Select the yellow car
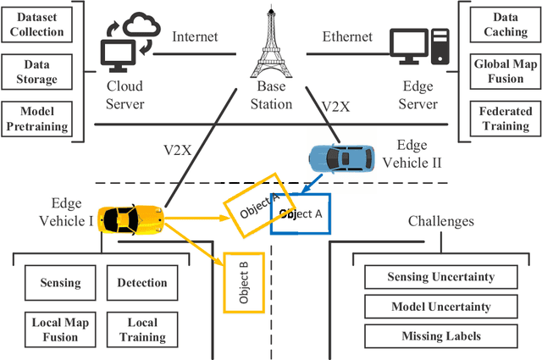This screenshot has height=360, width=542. click(x=130, y=219)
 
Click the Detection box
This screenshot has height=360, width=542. click(x=141, y=283)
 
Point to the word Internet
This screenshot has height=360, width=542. click(x=196, y=37)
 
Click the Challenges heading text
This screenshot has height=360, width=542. click(x=440, y=222)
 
